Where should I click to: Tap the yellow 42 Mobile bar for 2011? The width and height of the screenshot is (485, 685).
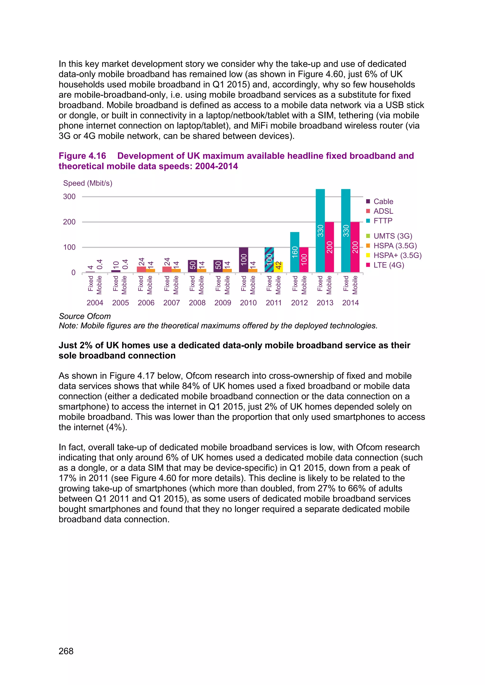278,267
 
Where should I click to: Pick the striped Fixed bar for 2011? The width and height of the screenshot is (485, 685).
269,259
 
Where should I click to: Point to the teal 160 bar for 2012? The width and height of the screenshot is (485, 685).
295,252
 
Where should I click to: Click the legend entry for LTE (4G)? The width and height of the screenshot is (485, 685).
388,265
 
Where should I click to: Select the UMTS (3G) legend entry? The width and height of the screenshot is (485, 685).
392,236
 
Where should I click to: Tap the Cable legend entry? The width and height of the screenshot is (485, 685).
383,201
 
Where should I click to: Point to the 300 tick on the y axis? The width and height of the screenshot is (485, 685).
69,197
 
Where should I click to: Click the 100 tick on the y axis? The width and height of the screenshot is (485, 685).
69,247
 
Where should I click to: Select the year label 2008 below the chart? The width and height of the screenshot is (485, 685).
197,303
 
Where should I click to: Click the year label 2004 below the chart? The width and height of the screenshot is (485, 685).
95,303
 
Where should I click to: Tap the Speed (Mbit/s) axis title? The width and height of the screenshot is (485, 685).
87,183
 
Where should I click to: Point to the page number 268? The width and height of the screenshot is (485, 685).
66,651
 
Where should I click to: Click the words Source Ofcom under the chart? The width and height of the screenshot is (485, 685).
85,316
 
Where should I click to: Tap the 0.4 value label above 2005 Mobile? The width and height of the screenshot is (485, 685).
125,264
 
